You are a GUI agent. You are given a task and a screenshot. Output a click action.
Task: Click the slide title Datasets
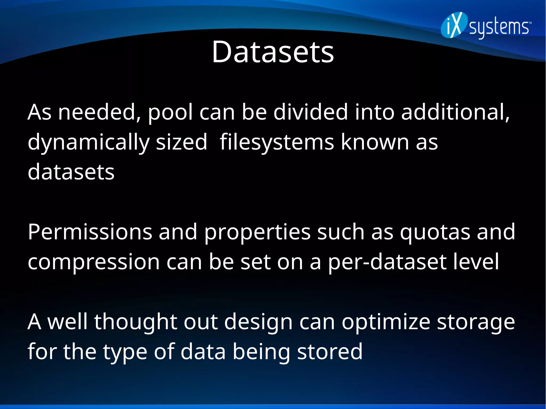[272, 52]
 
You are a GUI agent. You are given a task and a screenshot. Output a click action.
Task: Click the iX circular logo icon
[454, 25]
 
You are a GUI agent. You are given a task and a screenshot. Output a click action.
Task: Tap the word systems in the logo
[499, 28]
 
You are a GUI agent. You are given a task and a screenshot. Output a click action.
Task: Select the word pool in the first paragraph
[170, 112]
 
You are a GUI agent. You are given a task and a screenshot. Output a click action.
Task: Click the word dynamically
[88, 143]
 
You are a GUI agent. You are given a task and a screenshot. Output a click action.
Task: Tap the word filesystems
[277, 143]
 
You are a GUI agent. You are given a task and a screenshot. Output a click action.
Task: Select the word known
[375, 142]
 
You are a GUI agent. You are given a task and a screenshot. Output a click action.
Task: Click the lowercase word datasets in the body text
[71, 172]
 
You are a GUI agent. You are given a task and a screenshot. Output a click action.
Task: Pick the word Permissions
[90, 232]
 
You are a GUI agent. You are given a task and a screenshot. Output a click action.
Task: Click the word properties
[257, 232]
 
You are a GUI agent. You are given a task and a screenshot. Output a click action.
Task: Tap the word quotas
[435, 232]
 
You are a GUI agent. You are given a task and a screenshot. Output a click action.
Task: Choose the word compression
[94, 262]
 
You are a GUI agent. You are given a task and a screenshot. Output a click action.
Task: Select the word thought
[135, 322]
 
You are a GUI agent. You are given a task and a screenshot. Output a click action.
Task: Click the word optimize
[386, 322]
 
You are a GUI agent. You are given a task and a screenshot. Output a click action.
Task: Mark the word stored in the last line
[330, 352]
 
